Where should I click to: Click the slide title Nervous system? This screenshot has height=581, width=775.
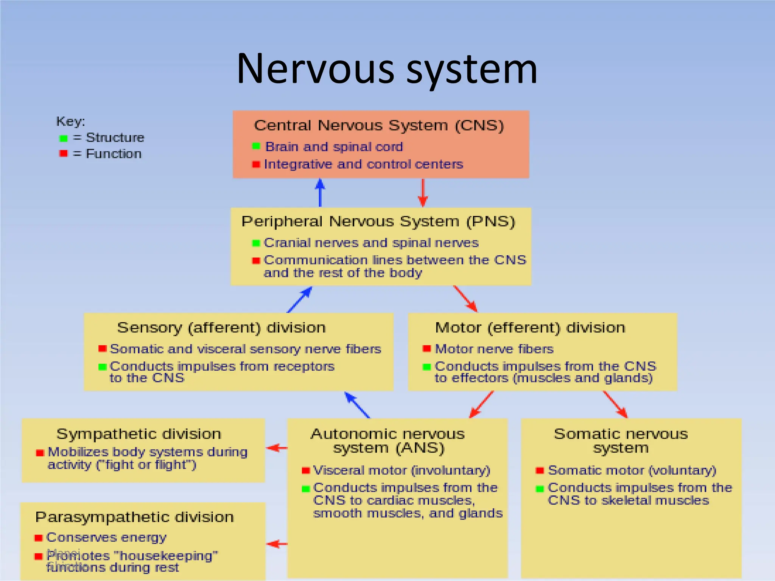point(387,69)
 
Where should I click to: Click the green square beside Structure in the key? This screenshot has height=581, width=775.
point(63,138)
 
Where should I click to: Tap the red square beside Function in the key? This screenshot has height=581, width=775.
point(63,154)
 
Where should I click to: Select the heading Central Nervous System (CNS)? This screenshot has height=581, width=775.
point(379,126)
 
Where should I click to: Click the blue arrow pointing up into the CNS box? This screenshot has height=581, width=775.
point(320,192)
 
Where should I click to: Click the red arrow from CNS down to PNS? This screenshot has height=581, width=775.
point(423,193)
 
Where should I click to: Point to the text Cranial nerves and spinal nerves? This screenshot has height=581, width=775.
point(371,242)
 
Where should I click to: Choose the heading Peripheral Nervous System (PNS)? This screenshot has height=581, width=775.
point(378,221)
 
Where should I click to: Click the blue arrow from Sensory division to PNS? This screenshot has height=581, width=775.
point(300,299)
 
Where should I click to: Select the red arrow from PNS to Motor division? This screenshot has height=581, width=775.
point(465,299)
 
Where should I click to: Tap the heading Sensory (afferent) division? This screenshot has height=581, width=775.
point(221,328)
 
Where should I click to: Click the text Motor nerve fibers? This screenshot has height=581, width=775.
point(494,349)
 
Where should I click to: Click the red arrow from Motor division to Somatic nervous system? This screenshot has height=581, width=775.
point(615,404)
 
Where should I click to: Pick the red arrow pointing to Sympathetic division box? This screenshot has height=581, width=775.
point(277,448)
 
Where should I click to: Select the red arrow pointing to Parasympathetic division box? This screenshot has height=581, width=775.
point(277,544)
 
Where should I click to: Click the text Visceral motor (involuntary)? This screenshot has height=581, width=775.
point(402,470)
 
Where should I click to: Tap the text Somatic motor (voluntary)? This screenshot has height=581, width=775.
point(632,470)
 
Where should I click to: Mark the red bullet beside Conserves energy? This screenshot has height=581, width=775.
point(38,538)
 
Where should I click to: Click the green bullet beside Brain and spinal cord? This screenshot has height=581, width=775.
point(256,146)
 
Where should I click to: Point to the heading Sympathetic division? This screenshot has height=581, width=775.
point(139,434)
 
